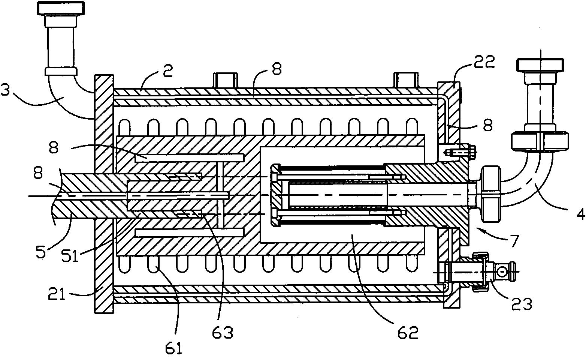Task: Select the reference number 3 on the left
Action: click(5, 91)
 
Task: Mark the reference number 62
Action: click(408, 333)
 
